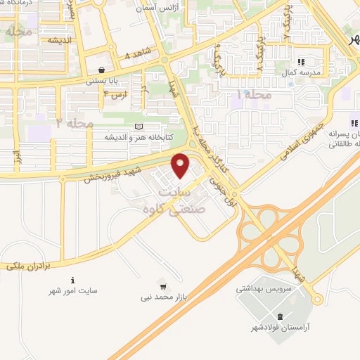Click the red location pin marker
click(x=181, y=165)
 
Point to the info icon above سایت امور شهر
click(x=74, y=279)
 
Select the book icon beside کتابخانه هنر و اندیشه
click(x=139, y=127)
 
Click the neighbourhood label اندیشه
click(x=62, y=40)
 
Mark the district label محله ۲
click(x=75, y=122)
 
